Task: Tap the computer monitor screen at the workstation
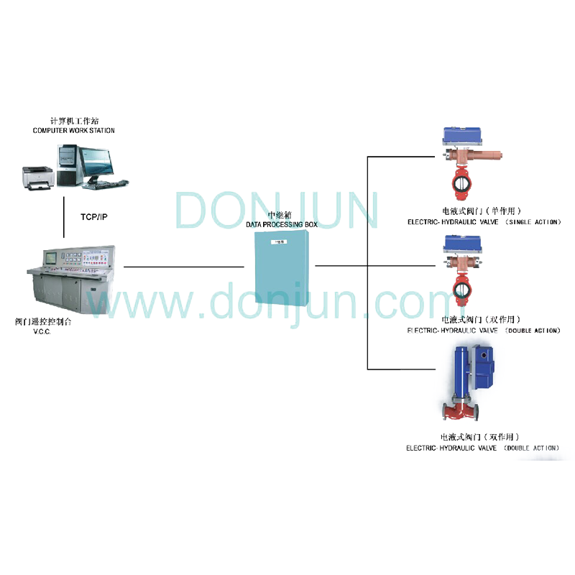pyautogui.click(x=96, y=163)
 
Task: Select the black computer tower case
pyautogui.click(x=68, y=165)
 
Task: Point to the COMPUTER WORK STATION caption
pyautogui.click(x=73, y=131)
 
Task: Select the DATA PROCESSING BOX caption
pyautogui.click(x=282, y=225)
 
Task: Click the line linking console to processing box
pyautogui.click(x=183, y=267)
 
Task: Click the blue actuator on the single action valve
pyautogui.click(x=463, y=136)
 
